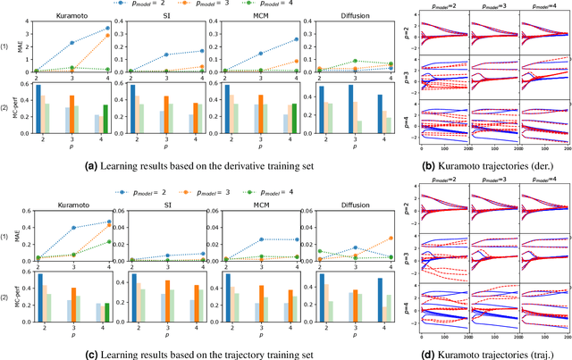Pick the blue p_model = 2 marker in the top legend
point(129,4)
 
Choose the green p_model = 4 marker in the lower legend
point(302,190)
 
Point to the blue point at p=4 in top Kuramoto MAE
point(107,29)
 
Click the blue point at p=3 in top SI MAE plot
point(165,55)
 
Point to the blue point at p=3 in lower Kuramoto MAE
point(73,227)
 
